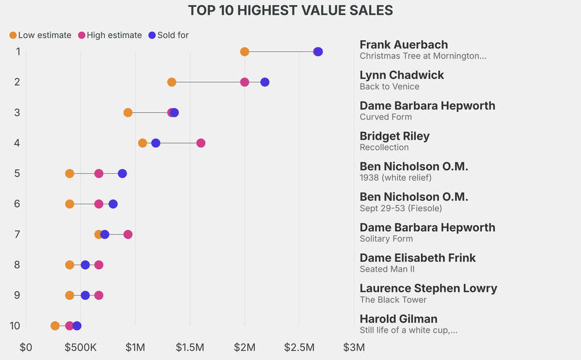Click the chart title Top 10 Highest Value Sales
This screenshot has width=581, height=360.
click(290, 10)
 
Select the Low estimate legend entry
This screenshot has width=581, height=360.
click(40, 35)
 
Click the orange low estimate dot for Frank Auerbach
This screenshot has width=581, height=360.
click(245, 52)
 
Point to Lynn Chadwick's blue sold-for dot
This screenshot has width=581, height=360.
click(265, 82)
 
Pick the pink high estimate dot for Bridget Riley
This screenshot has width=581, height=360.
click(201, 143)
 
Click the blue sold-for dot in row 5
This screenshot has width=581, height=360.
click(122, 173)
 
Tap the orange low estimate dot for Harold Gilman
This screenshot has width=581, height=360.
click(55, 326)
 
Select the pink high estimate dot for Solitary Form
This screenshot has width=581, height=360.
click(128, 235)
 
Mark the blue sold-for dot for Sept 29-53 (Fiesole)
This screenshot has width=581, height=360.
click(113, 204)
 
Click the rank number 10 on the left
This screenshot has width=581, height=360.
click(15, 326)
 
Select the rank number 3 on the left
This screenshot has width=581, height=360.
click(18, 112)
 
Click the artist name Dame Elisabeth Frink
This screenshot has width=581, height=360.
click(418, 258)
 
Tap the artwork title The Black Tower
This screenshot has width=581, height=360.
click(393, 300)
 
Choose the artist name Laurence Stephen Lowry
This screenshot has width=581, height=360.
click(428, 288)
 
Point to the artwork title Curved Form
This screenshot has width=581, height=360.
click(386, 117)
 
